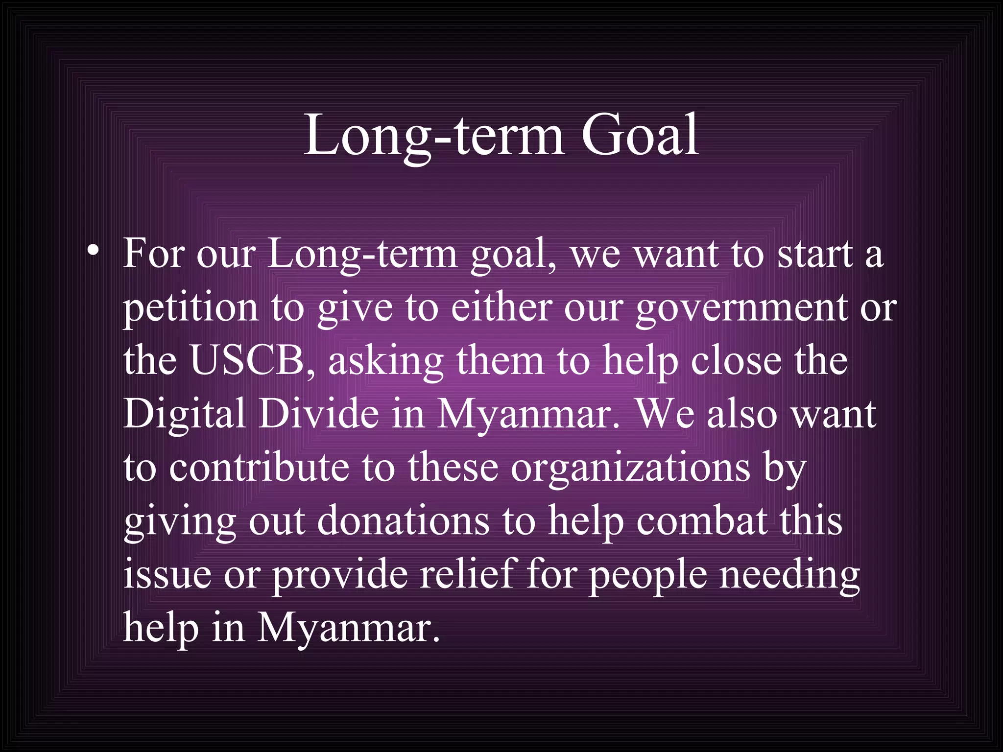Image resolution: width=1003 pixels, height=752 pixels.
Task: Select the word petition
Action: pos(190,308)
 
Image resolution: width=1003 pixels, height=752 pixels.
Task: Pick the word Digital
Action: pos(184,414)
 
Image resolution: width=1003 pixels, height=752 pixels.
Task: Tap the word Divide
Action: pos(318,414)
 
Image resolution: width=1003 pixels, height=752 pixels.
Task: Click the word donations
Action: pos(403,521)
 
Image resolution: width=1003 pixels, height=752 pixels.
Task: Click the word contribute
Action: pos(259,468)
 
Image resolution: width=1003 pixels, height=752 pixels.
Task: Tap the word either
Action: pos(501,308)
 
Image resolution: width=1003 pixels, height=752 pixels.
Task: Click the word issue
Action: pos(167,575)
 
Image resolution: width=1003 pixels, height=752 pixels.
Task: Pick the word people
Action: pos(647,576)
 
